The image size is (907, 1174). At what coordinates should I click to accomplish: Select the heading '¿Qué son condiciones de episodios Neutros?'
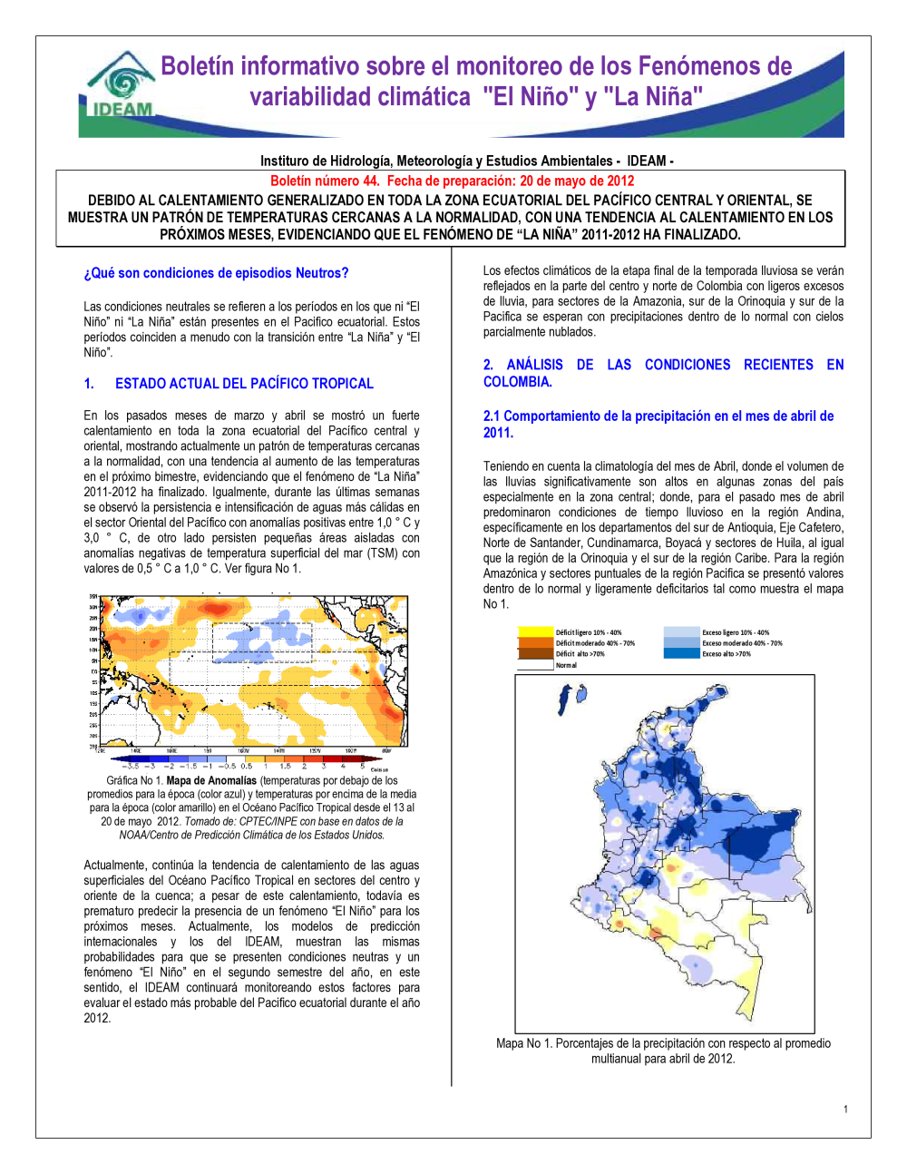click(x=216, y=273)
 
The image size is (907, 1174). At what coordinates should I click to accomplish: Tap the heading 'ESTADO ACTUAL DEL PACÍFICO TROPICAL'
click(x=244, y=384)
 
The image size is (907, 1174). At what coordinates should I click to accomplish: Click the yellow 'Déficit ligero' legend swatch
click(x=535, y=632)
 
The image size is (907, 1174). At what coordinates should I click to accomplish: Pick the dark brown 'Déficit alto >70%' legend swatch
click(x=535, y=653)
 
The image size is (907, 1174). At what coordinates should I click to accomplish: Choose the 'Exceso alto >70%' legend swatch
click(x=681, y=653)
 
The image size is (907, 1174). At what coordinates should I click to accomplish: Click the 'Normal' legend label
click(x=566, y=665)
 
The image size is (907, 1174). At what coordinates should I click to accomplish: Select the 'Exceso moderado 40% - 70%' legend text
click(x=742, y=643)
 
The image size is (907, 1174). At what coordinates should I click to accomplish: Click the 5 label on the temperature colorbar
click(x=363, y=767)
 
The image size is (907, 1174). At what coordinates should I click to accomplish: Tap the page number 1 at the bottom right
click(x=845, y=1109)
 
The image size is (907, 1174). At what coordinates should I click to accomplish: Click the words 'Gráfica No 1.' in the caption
click(x=135, y=780)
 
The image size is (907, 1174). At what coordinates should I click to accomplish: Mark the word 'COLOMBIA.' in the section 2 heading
click(x=518, y=382)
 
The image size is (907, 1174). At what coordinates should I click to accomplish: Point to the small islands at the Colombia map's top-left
click(x=571, y=698)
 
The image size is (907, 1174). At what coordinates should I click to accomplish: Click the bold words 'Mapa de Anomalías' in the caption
click(x=211, y=780)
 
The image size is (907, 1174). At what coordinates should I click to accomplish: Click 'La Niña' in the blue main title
click(x=652, y=97)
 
